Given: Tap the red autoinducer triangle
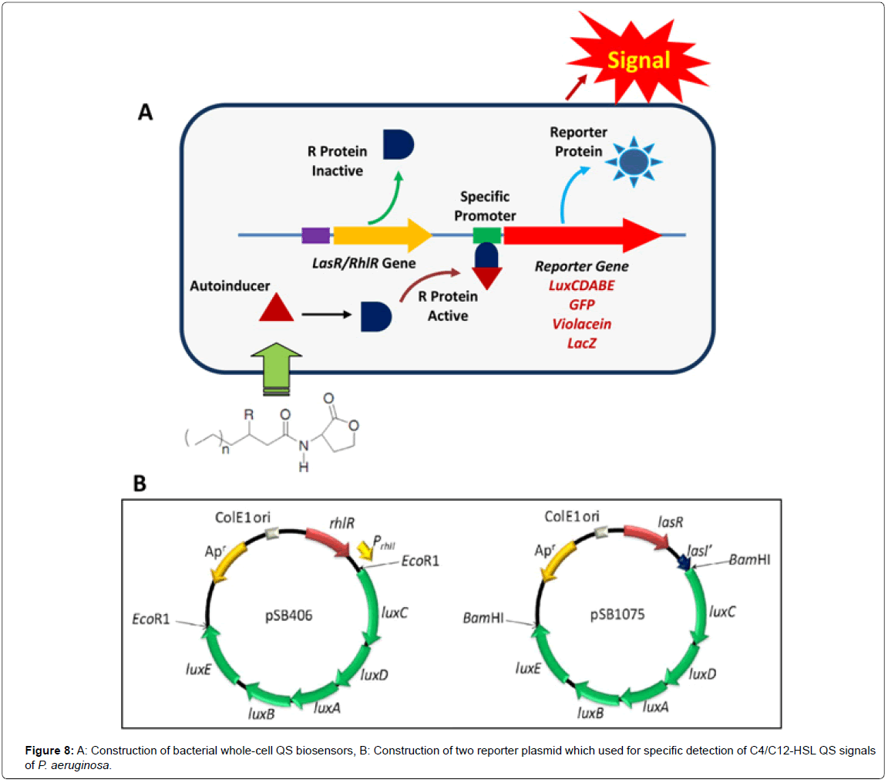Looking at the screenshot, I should click(276, 309).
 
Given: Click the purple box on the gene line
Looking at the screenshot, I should click(316, 235).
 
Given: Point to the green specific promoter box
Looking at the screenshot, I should click(487, 235).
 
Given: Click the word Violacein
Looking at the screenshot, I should click(582, 324).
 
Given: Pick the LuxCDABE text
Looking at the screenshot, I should click(582, 285).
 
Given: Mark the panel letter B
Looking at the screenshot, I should click(140, 484).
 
